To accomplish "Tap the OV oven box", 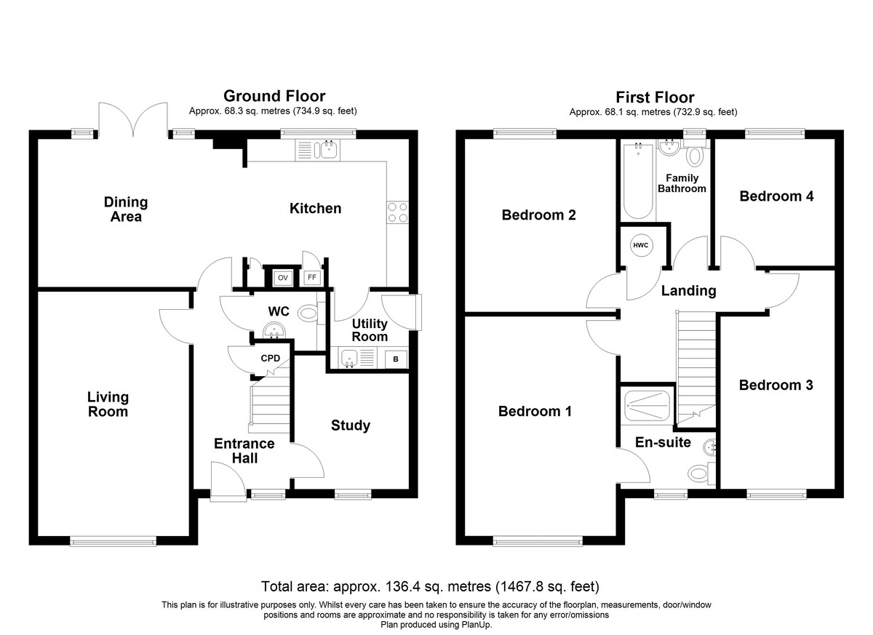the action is coord(282,278).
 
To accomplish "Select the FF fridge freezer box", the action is coord(312,277).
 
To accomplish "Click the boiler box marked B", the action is coord(396,359).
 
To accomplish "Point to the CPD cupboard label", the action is coord(270,358).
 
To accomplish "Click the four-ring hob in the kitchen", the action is coord(397,212).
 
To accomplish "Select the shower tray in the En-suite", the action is coord(647,406).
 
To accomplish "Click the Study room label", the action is coord(351,426).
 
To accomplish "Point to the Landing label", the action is coord(688,291).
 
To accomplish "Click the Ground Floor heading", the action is coord(274,96).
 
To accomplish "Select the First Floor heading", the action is coord(655,97).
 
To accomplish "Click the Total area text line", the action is coord(430,586).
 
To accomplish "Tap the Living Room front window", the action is coord(113,540).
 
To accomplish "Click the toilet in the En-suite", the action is coord(702,474).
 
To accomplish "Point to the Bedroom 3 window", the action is coord(776,495).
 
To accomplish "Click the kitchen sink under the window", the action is coord(318,151).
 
